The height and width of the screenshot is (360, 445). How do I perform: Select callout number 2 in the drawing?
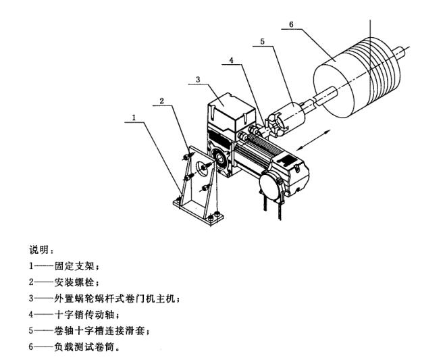click(162, 101)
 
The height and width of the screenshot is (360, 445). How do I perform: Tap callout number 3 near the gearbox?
click(197, 79)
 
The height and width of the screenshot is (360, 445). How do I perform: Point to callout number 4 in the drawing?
click(231, 60)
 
